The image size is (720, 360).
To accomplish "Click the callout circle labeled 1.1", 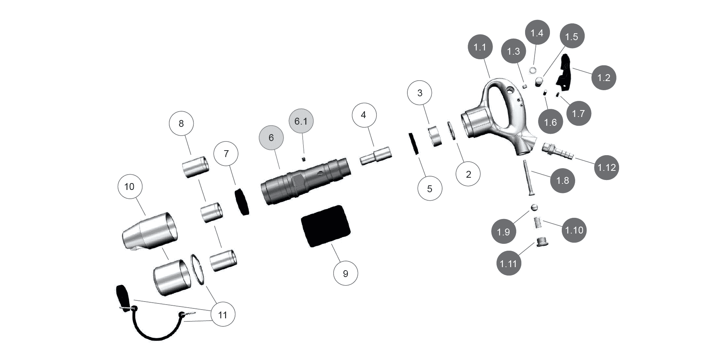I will [x=480, y=48].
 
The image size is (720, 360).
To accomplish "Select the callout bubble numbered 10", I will [x=130, y=186].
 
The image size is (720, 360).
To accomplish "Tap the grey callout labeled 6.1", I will [x=301, y=122].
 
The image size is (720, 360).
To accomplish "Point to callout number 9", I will [x=345, y=274].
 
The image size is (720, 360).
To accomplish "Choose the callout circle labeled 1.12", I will [x=606, y=167].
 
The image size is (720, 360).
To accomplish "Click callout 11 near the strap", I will [x=222, y=315].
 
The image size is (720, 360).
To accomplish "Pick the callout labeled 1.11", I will [x=509, y=263].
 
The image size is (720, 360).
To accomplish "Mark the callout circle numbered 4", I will [x=363, y=115].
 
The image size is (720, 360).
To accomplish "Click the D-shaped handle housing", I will [x=497, y=115].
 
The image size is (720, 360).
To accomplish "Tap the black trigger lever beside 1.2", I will [x=564, y=73].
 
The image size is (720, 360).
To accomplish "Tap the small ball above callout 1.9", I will [x=534, y=207].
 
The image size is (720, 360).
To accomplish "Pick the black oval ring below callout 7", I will [x=242, y=202].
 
